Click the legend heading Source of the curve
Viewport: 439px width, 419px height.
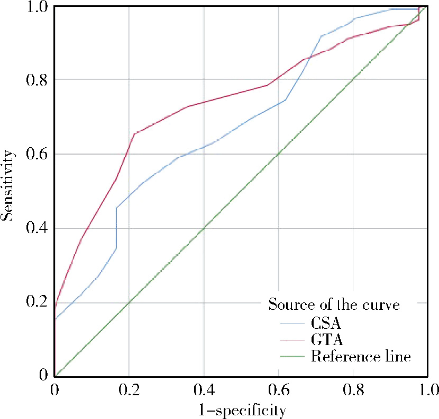pos(333,304)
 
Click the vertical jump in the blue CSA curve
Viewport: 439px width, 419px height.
pos(116,227)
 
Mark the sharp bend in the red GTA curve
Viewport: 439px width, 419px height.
pos(134,134)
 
